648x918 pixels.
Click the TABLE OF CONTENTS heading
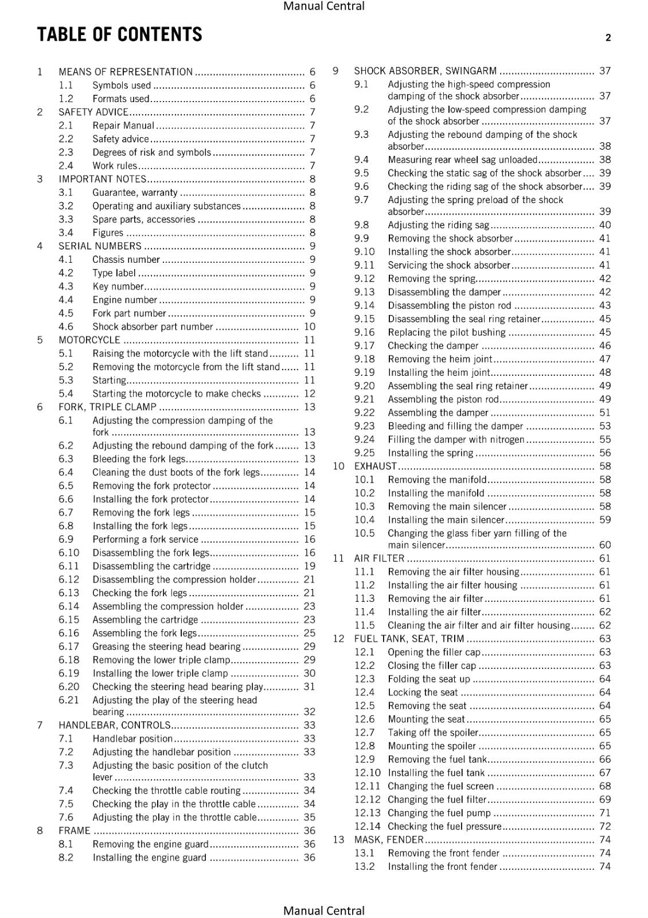coord(119,35)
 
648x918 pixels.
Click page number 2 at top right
coord(608,38)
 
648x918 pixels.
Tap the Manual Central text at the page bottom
coord(323,910)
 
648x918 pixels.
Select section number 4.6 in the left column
coord(66,326)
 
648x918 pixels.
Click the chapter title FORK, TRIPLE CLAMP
coord(107,407)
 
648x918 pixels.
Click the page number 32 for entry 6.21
coord(309,711)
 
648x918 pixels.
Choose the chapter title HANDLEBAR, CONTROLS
coord(115,725)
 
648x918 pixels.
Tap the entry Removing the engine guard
coord(150,844)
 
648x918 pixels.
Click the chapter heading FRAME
coord(75,831)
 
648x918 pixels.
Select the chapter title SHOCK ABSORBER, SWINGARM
coord(425,71)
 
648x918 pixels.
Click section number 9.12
coord(364,279)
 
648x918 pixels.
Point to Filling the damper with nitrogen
coord(456,439)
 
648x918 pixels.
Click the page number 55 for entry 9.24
coord(605,439)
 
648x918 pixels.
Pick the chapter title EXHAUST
coord(375,466)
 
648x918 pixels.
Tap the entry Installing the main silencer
coord(446,520)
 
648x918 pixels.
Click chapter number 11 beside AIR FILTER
coord(338,558)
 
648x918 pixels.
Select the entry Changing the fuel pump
coord(439,813)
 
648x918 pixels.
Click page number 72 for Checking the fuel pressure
coord(605,826)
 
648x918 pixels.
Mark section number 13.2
coord(364,866)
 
